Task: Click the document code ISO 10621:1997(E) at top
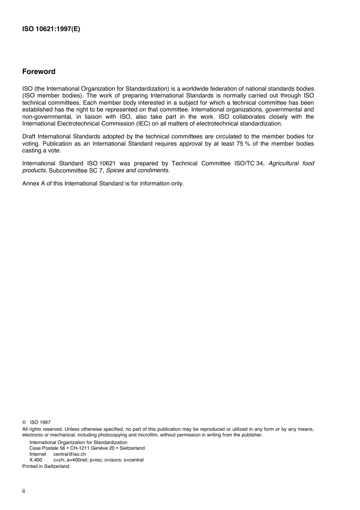coord(51,29)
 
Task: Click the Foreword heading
coord(39,72)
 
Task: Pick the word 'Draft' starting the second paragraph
coord(29,137)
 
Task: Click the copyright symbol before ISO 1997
coord(24,422)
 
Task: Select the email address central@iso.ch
coord(69,454)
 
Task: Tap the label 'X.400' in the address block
coord(36,460)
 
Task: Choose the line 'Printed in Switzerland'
coord(46,466)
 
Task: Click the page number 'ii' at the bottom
coord(23,491)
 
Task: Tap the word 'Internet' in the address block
coord(38,454)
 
